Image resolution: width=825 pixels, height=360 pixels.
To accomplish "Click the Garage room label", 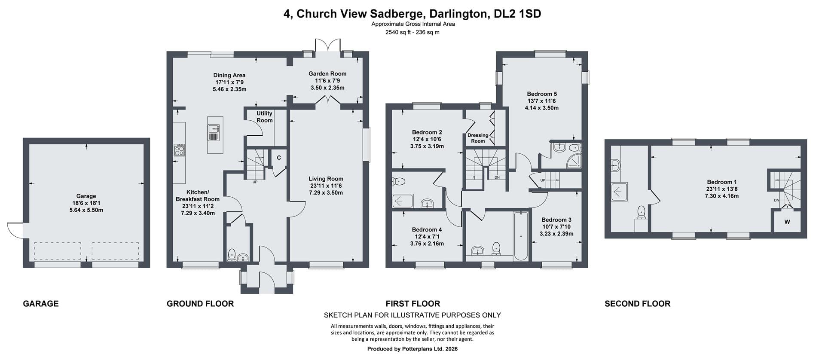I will (x=86, y=196).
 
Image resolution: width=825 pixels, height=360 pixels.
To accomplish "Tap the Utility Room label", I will (x=264, y=117).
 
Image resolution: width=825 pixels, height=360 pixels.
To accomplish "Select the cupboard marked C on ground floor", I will (x=279, y=158).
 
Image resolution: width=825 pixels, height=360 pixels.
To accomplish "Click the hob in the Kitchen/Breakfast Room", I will (x=179, y=150).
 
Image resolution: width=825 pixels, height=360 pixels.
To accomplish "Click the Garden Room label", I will (x=327, y=73).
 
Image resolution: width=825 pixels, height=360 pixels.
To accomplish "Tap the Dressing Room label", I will (x=478, y=138).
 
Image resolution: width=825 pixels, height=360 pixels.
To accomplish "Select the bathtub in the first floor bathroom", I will (x=521, y=236).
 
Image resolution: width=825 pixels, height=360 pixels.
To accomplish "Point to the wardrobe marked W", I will (x=787, y=222).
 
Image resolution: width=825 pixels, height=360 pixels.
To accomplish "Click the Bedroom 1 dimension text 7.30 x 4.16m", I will (x=721, y=196).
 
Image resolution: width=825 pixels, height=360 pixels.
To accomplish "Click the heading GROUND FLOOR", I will (x=200, y=304).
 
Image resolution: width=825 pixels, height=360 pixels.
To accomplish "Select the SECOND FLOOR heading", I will (x=637, y=304).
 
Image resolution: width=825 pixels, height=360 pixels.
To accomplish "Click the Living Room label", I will (x=326, y=179).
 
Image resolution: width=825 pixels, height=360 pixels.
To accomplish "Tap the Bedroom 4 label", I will (x=427, y=229).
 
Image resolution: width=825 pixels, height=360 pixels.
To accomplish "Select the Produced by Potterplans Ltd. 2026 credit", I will (x=412, y=349).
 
